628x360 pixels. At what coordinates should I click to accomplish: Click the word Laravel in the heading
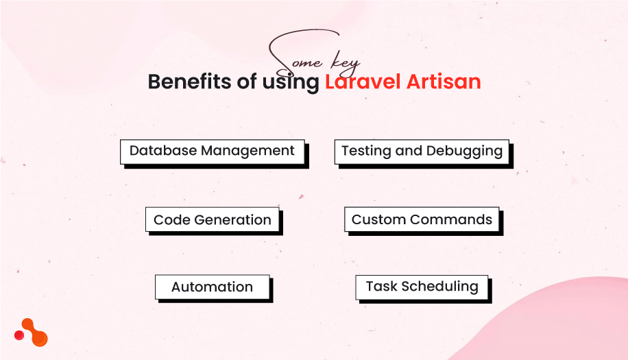pos(363,82)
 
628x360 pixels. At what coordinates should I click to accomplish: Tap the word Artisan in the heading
pos(444,82)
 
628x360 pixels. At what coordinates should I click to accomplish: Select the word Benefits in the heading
pos(189,82)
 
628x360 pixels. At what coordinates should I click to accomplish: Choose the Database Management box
pos(212,151)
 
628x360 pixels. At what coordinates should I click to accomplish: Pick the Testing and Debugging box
pos(422,151)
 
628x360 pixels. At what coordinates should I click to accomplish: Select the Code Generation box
pos(213,220)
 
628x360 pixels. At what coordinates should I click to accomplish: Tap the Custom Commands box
pos(422,220)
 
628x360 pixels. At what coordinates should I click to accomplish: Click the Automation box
pos(212,287)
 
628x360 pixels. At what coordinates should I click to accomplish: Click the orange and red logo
pos(32,333)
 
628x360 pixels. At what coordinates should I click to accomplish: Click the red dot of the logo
pos(19,335)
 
